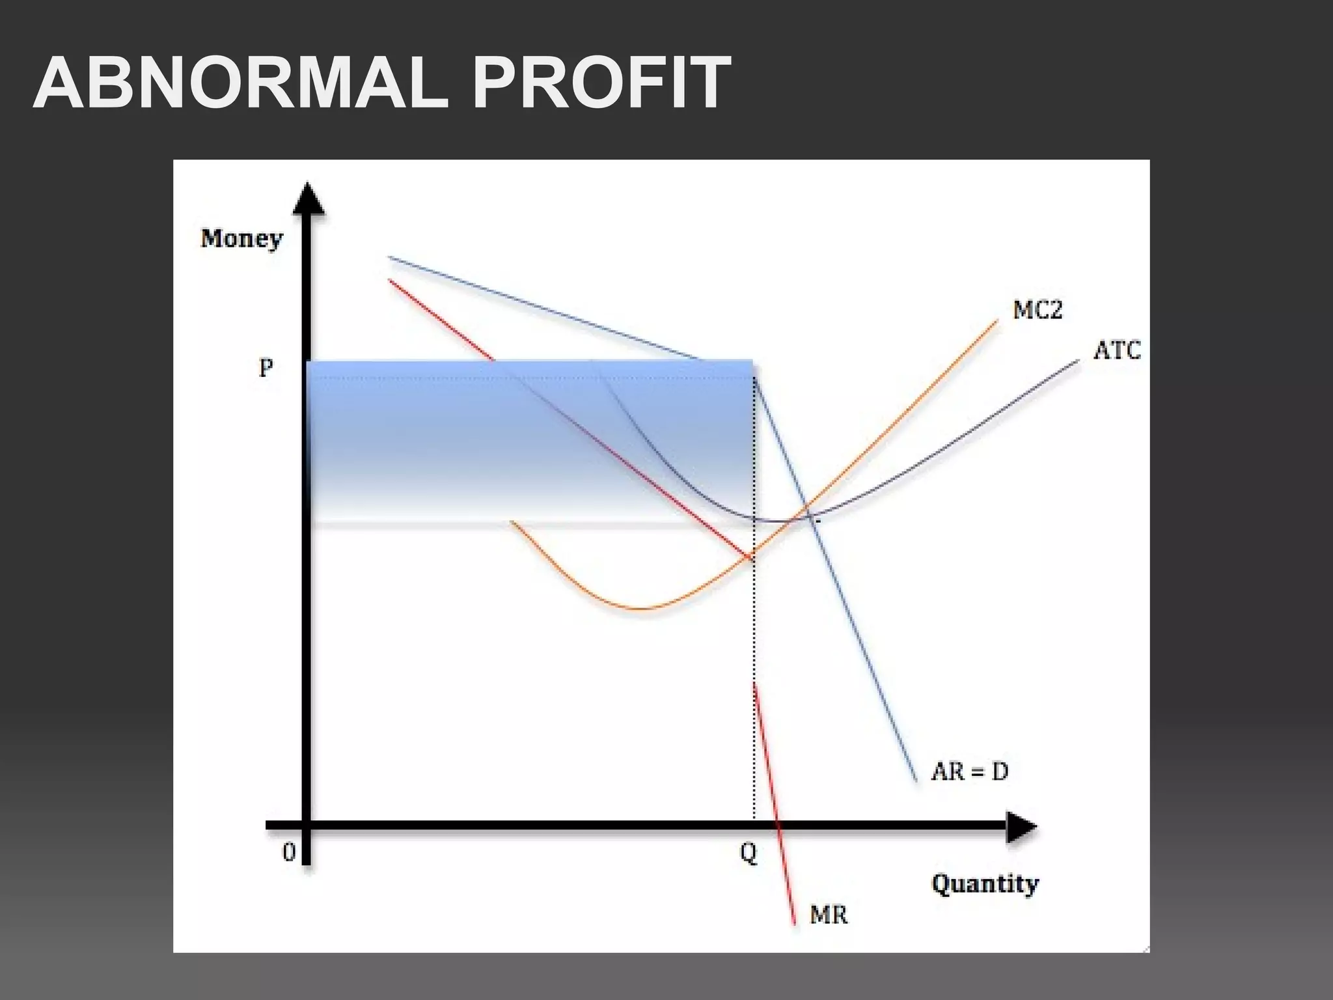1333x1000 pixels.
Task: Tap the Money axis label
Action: pyautogui.click(x=241, y=240)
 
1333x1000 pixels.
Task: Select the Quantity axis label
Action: pyautogui.click(x=985, y=885)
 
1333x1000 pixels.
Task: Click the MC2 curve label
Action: pyautogui.click(x=1038, y=310)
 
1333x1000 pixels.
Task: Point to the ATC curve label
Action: pyautogui.click(x=1117, y=351)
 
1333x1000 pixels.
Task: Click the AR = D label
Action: pyautogui.click(x=970, y=771)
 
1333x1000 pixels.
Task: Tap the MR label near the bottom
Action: pyautogui.click(x=829, y=915)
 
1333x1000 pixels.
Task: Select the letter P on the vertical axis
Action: pyautogui.click(x=266, y=369)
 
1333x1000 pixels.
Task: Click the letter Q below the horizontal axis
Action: pyautogui.click(x=749, y=853)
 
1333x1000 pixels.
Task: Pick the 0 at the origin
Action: pyautogui.click(x=288, y=852)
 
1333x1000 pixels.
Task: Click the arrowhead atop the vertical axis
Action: pyautogui.click(x=309, y=198)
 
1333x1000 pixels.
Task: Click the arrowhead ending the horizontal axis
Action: pyautogui.click(x=1021, y=827)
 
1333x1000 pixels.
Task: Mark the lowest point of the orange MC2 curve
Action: pyautogui.click(x=641, y=609)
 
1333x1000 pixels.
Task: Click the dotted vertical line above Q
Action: pyautogui.click(x=754, y=651)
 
